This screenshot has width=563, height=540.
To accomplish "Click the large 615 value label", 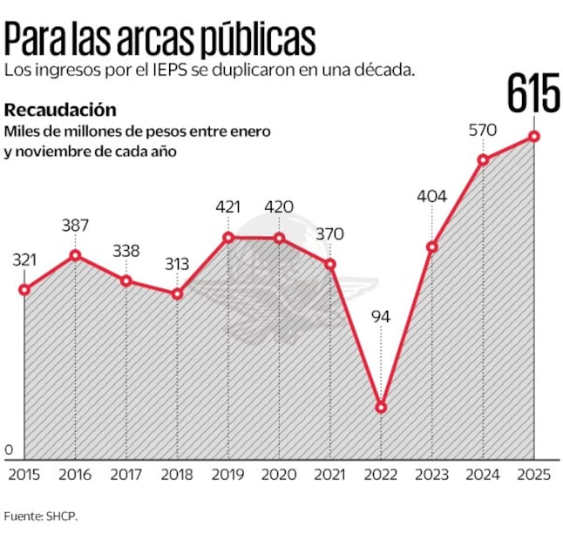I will pos(533,94).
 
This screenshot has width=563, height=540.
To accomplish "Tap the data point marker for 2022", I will pos(380,407).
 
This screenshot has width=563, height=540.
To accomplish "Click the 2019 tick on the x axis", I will pos(227,474).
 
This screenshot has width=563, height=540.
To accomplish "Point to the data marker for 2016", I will pos(76,255).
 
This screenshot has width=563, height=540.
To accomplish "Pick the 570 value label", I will pos(482,130).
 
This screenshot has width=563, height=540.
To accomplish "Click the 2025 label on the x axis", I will pos(533,474).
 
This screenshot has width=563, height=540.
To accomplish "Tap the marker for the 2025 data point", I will pos(533,136).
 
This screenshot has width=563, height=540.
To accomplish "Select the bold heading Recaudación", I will pos(60,110).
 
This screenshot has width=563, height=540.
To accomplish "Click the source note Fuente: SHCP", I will pos(41,516).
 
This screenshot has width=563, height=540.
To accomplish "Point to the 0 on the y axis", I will pos(10,449).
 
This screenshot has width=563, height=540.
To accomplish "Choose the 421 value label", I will pos(227,206).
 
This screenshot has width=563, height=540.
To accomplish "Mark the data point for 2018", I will pos(177,294).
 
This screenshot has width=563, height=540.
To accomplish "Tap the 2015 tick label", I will pos(24,474).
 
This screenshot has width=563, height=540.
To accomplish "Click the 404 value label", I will pos(431,196).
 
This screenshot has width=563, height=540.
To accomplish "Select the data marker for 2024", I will pos(482,159).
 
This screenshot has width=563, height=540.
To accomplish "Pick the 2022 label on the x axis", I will pos(380,474).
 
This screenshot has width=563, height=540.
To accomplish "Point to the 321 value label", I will pos(26,260).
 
